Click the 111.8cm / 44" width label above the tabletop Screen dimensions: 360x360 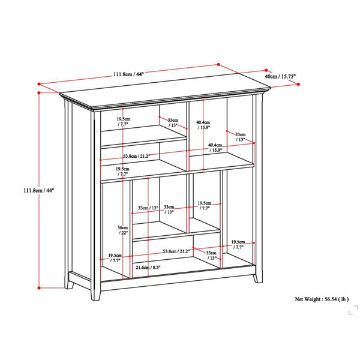[x=128, y=74]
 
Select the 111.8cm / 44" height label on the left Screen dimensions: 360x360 [x=38, y=190]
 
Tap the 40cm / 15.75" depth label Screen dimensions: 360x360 [x=280, y=76]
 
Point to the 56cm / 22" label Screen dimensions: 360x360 [x=122, y=230]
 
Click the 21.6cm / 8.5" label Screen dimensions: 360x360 [x=148, y=267]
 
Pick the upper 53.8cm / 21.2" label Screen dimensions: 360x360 [x=137, y=156]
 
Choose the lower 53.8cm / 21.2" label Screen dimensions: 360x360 [x=176, y=251]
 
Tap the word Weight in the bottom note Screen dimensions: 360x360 [x=313, y=299]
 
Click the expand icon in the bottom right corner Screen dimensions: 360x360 [x=353, y=310]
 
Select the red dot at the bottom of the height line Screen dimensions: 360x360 [x=39, y=288]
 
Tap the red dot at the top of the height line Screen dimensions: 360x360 [x=39, y=93]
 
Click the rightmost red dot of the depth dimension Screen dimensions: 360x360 [x=298, y=85]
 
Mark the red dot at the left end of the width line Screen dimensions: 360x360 [x=39, y=84]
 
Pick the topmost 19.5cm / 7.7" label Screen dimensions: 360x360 [x=123, y=121]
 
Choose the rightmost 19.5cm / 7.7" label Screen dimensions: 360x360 [x=238, y=245]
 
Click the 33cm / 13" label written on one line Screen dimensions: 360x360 [x=148, y=208]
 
